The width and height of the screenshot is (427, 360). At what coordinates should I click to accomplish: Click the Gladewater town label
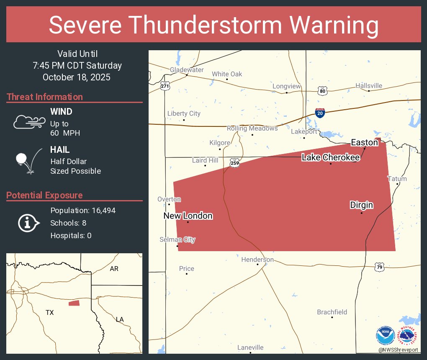pos(187,70)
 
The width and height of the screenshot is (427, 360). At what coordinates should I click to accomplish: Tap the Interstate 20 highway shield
pos(319,113)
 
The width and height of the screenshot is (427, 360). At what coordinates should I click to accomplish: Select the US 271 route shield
pos(165,86)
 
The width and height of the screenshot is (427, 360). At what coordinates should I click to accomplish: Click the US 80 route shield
pos(322,91)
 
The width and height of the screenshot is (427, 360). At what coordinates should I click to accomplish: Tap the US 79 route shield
pos(379,267)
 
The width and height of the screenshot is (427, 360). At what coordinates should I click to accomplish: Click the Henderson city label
pos(257,260)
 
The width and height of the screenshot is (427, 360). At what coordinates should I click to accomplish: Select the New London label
pos(188,216)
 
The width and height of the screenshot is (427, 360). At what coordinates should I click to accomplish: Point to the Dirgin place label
pos(361,205)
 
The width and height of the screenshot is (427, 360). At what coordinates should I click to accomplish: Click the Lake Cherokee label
pos(331,157)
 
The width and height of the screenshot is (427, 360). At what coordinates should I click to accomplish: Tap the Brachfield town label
pos(332,312)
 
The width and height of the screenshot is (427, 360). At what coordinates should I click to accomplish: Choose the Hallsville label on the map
pos(369,86)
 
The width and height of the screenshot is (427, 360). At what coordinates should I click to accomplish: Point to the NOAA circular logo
pos(385,336)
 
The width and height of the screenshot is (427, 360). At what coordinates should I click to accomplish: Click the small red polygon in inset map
pos(74,303)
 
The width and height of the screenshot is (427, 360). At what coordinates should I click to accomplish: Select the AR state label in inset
pos(114,269)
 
